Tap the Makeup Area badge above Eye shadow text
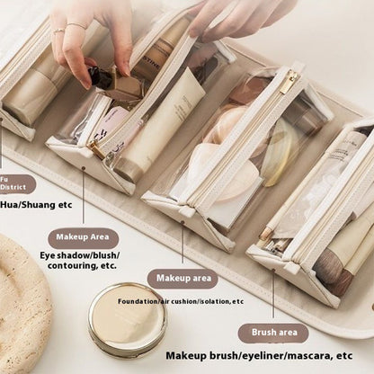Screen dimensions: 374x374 point(83,238)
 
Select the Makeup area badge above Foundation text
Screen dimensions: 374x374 point(183,279)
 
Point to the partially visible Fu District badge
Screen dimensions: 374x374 point(16,184)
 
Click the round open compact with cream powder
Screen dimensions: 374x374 point(128,319)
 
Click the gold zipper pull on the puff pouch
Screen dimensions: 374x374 point(288,82)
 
